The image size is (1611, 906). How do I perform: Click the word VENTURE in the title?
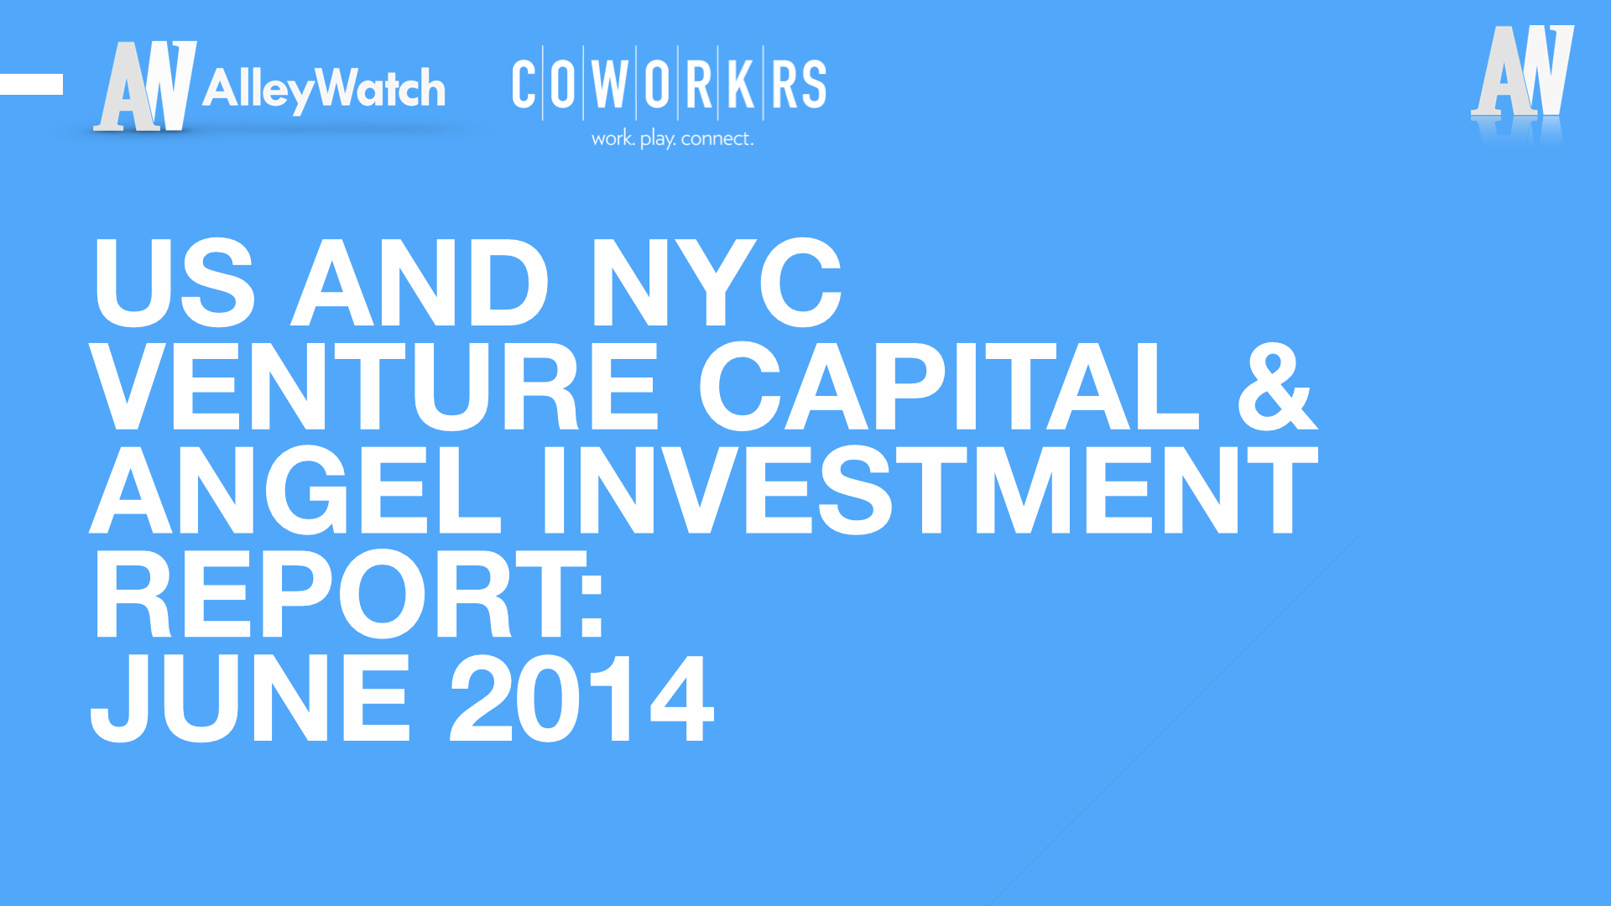pos(374,386)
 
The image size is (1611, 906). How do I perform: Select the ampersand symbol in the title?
pos(1277,386)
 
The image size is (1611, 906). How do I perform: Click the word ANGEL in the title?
pos(295,491)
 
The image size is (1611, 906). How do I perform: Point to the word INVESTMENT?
pos(931,491)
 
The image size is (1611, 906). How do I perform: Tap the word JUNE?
pos(250,699)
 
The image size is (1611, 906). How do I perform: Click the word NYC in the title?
pos(716,282)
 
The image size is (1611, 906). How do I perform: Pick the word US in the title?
pos(174,282)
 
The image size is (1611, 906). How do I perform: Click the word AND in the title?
pos(420,282)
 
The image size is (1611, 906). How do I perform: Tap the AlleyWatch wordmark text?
pos(324,89)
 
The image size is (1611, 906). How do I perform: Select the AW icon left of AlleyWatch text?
pos(145,86)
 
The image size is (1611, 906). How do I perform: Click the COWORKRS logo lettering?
pos(670,84)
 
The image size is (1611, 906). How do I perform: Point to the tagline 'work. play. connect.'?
pos(672,138)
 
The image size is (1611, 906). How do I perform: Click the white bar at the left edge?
pos(31,84)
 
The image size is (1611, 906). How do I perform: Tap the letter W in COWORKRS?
pos(610,84)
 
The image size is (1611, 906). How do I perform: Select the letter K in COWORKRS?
pos(741,84)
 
